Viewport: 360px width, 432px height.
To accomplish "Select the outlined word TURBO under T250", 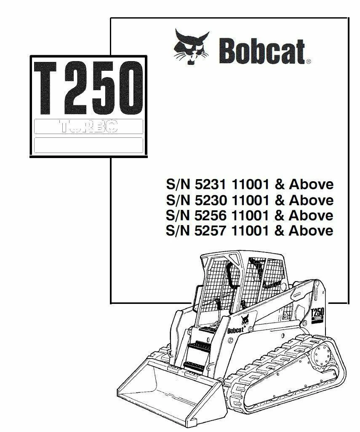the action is coord(88,126).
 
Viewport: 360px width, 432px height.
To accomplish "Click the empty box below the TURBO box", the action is coord(88,145).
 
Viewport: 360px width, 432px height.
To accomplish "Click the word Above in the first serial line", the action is coord(311,185).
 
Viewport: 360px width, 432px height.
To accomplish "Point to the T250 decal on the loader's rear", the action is coord(316,315).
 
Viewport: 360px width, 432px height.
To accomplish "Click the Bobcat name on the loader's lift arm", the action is coord(236,330).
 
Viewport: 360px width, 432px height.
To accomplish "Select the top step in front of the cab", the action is coord(206,328).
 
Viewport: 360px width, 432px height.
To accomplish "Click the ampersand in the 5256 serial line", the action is coord(279,215).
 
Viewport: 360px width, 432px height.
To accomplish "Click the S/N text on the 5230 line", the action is coord(177,200).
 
